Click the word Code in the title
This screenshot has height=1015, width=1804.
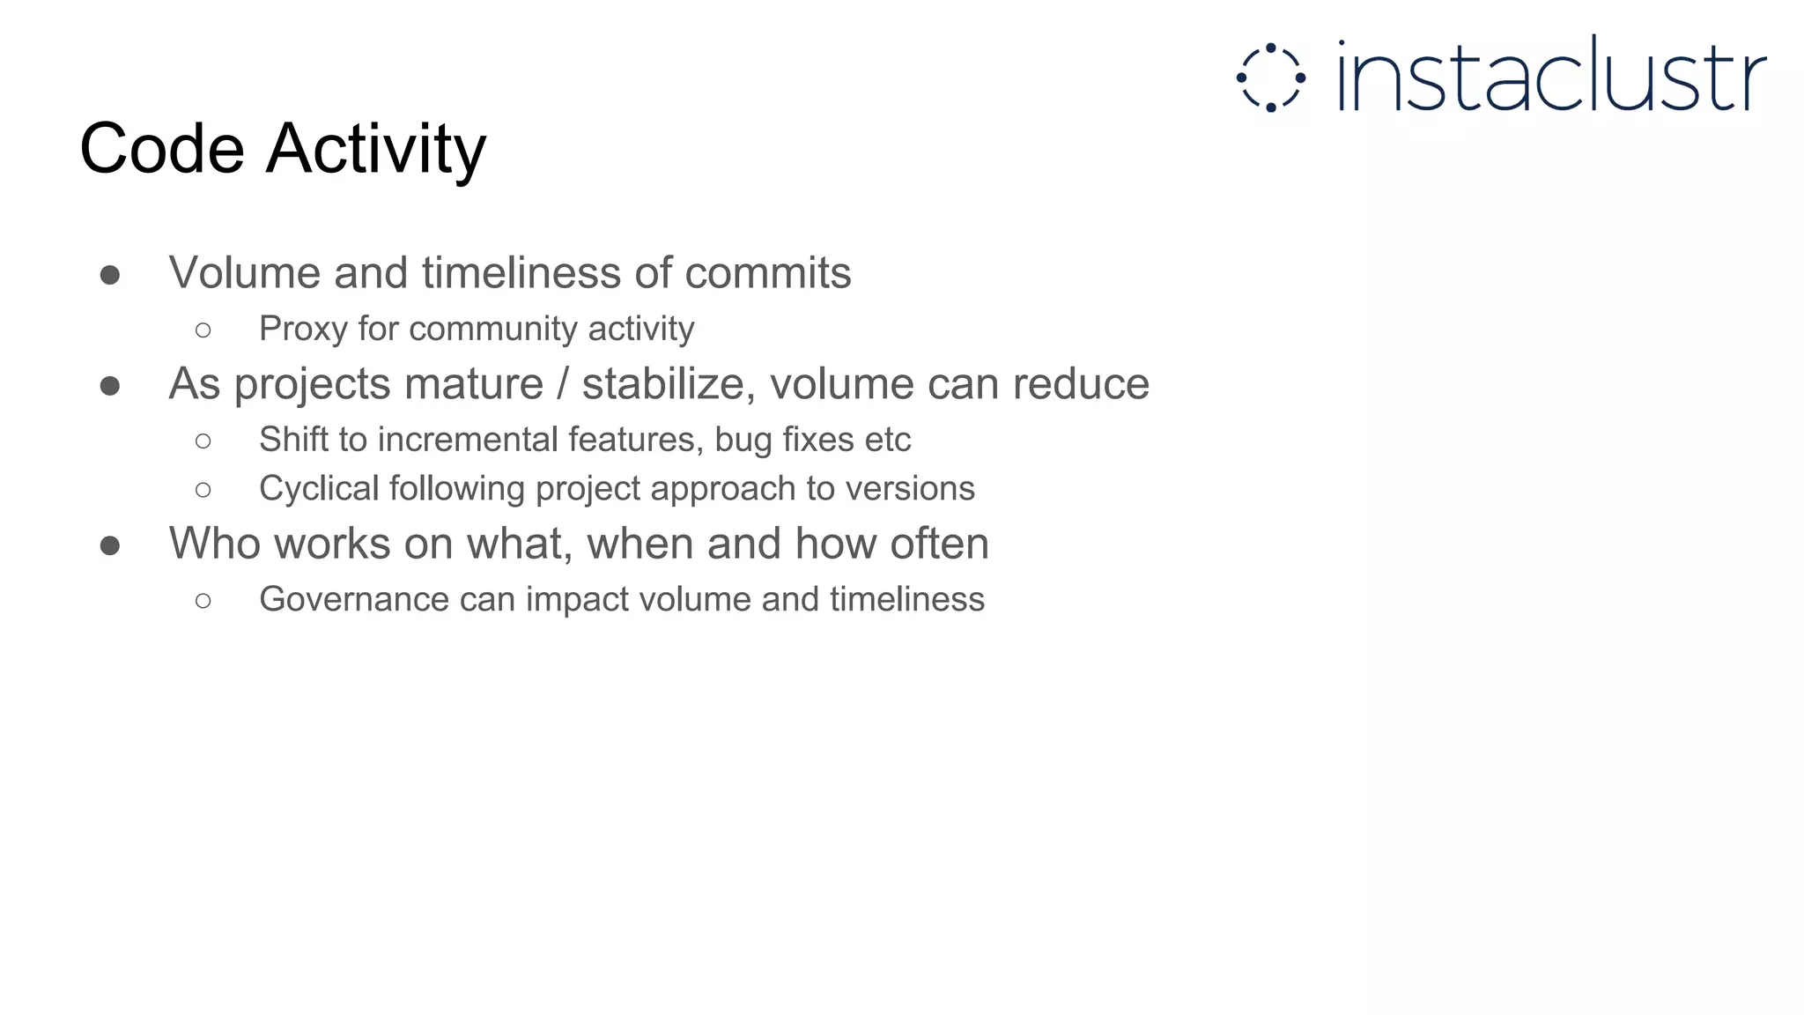click(x=162, y=149)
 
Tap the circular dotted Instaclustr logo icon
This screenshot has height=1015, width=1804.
click(x=1270, y=78)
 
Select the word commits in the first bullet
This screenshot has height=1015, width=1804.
click(x=767, y=273)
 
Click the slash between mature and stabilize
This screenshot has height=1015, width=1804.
click(x=562, y=384)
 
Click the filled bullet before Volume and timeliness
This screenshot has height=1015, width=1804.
click(x=110, y=276)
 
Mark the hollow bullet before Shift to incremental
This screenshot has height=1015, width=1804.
click(x=203, y=441)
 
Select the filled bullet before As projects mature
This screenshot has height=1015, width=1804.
click(x=110, y=386)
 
